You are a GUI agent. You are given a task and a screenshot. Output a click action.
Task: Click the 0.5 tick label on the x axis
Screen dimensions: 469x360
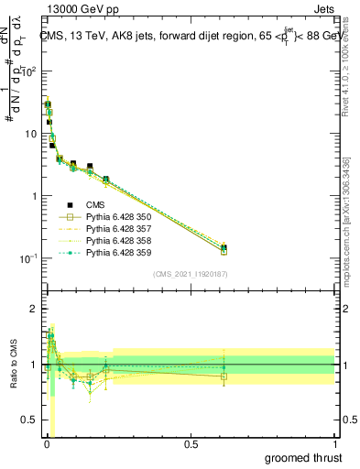coord(191,443)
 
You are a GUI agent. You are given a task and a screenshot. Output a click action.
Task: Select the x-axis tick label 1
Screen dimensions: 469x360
coord(334,443)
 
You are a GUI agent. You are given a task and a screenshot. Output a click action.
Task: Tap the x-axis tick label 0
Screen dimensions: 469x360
coord(47,443)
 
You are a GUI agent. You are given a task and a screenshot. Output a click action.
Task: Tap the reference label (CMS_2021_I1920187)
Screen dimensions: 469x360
coord(190,273)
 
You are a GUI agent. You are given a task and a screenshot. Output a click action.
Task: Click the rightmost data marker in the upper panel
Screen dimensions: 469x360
coord(224,248)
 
